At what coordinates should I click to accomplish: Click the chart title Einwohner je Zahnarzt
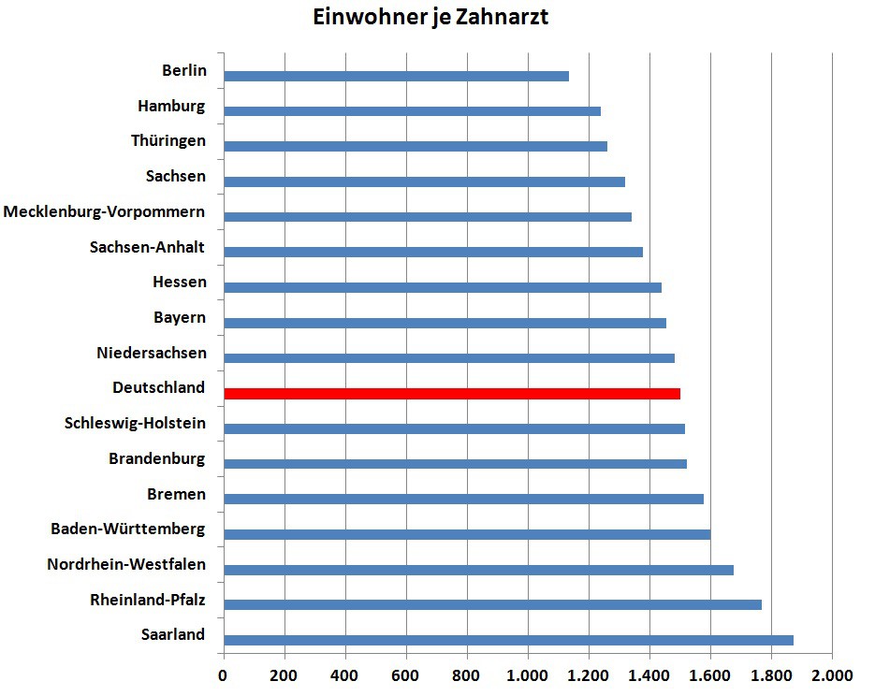[430, 19]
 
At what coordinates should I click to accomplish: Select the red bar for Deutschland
[452, 394]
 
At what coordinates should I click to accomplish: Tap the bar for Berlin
[396, 76]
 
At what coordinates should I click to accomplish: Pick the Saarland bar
[508, 640]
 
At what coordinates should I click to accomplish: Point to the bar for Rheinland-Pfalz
[492, 604]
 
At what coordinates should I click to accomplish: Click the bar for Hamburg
[412, 111]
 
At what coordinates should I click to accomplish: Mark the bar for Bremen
[463, 499]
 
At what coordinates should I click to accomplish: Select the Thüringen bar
[416, 146]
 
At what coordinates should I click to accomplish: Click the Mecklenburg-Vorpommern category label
[104, 212]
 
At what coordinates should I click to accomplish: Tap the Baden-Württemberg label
[128, 529]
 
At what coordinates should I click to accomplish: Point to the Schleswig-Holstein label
[135, 424]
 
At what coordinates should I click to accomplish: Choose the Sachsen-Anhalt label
[147, 248]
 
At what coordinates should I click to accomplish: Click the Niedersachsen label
[151, 354]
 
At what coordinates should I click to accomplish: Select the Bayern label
[180, 318]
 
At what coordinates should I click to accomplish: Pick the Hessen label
[180, 283]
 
